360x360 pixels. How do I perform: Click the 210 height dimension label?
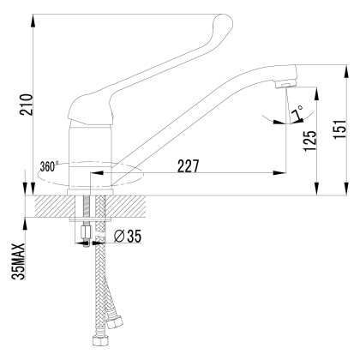click(x=27, y=105)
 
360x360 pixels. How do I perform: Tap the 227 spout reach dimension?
click(x=188, y=166)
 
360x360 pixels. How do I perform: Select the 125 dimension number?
click(x=310, y=141)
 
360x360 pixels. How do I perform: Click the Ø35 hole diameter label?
click(x=128, y=237)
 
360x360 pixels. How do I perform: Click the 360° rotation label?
click(x=49, y=166)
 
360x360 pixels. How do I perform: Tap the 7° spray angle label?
click(x=297, y=112)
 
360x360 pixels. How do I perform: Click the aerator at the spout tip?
click(x=285, y=84)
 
